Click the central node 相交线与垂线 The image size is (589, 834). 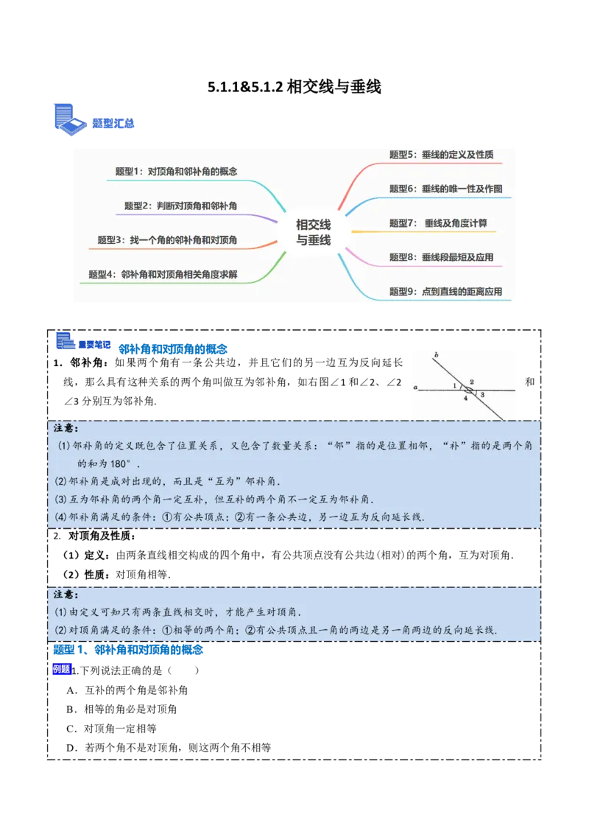click(313, 231)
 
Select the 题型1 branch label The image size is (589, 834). click(176, 171)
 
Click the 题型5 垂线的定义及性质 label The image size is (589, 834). click(441, 155)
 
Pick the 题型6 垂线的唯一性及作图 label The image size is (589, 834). click(445, 189)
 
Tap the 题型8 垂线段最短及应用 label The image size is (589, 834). click(441, 257)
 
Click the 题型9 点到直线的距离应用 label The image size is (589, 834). click(445, 292)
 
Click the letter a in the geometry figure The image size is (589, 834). click(416, 385)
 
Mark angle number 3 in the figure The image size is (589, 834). click(482, 395)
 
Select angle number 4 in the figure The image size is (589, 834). click(465, 399)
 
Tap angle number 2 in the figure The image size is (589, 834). click(471, 381)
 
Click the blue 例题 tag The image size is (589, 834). click(61, 670)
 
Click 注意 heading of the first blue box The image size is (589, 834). click(66, 428)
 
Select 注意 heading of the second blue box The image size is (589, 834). click(66, 594)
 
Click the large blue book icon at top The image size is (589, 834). click(69, 120)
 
